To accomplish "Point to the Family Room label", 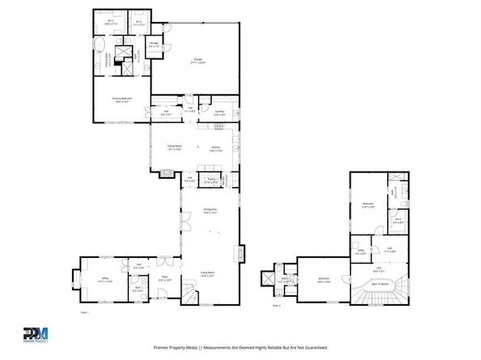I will tap(174, 149).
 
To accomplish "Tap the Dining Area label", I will tap(209, 212).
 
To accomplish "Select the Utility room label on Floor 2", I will tap(360, 252).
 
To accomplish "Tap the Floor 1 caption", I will tap(83, 312).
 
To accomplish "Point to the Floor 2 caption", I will tap(275, 307).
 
